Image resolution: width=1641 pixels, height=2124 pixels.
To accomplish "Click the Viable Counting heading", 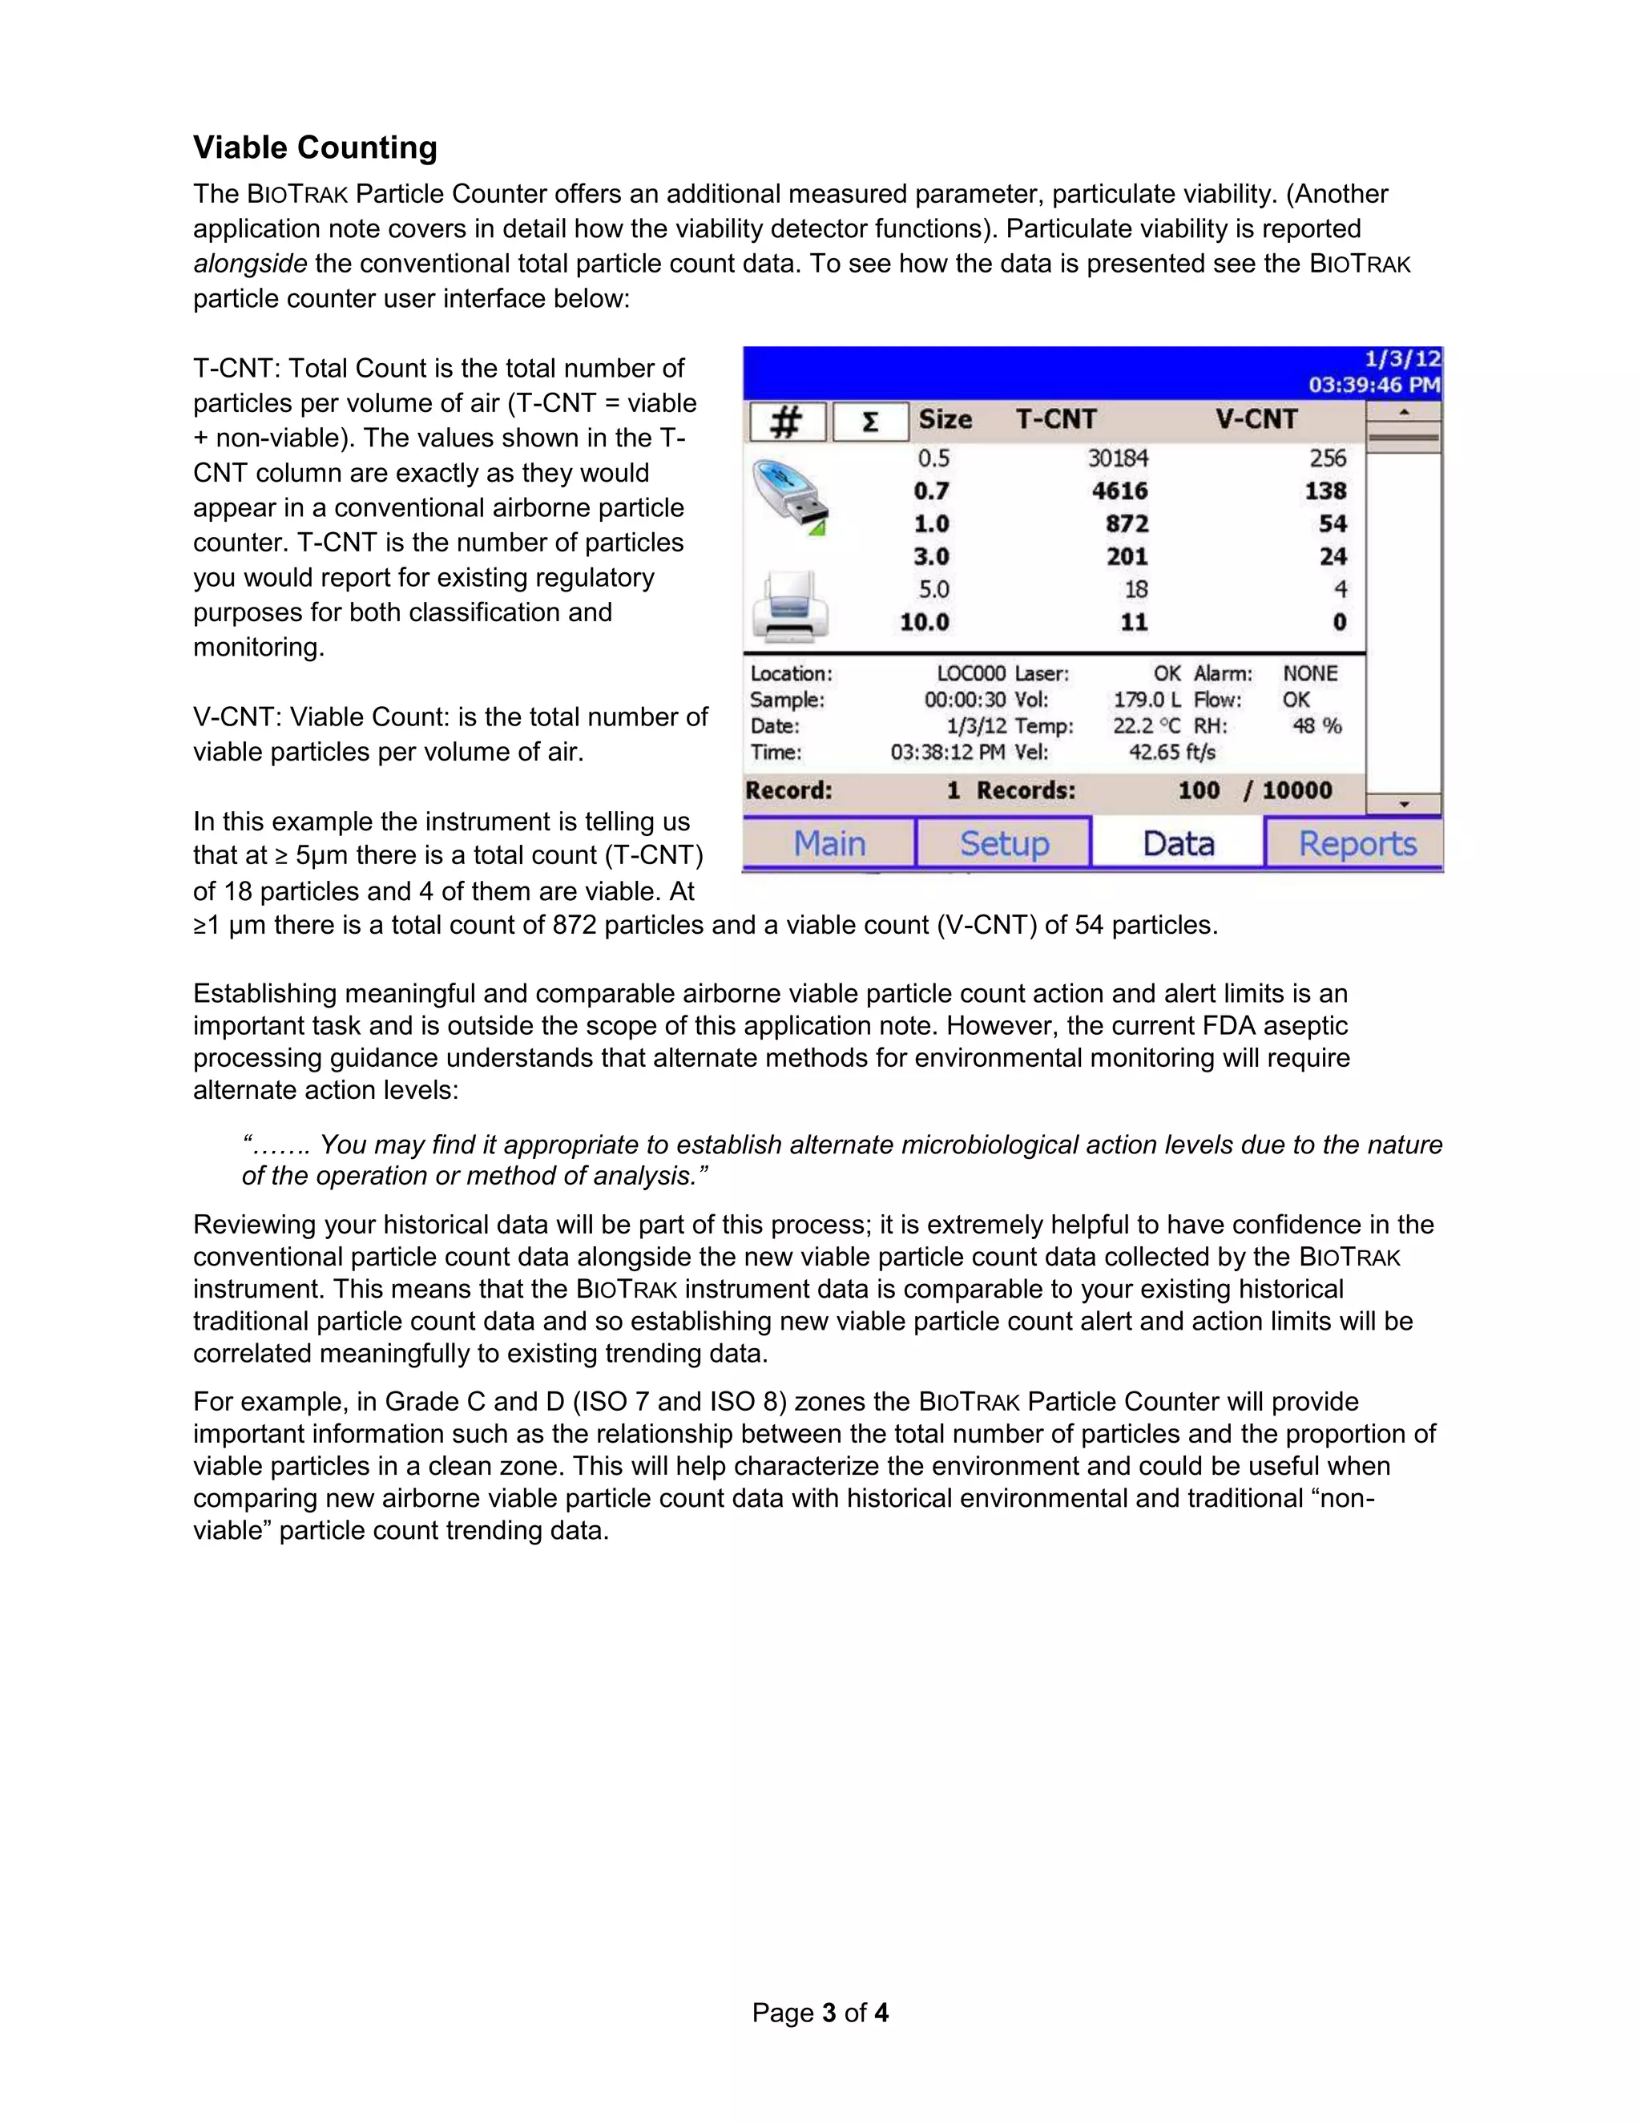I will pos(315,147).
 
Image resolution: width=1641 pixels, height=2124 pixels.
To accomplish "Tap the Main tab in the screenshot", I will pos(829,843).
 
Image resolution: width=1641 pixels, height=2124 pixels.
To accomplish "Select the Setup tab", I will pos(1004,843).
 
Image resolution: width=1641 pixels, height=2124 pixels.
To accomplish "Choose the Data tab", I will pos(1178,843).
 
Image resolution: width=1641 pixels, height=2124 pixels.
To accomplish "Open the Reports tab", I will pos(1357,843).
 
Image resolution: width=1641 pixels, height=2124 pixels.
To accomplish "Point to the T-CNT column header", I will pos(1056,419).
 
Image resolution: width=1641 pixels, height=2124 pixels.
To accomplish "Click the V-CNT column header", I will pos(1256,419).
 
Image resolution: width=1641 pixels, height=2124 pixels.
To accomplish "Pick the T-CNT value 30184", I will pos(1118,458).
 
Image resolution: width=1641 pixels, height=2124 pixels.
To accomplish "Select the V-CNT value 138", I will pos(1325,491).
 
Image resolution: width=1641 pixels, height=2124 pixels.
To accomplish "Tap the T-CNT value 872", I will pos(1127,524).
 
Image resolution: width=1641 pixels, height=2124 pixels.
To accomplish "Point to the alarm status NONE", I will pos(1309,673).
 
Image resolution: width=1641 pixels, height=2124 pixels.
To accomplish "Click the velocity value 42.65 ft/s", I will pos(1171,752).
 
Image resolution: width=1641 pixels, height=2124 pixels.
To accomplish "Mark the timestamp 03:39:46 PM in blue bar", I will pos(1373,384).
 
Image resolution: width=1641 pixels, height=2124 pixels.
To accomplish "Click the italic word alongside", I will pos(250,264).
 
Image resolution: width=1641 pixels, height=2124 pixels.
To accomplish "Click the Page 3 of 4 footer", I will pos(820,2012).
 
